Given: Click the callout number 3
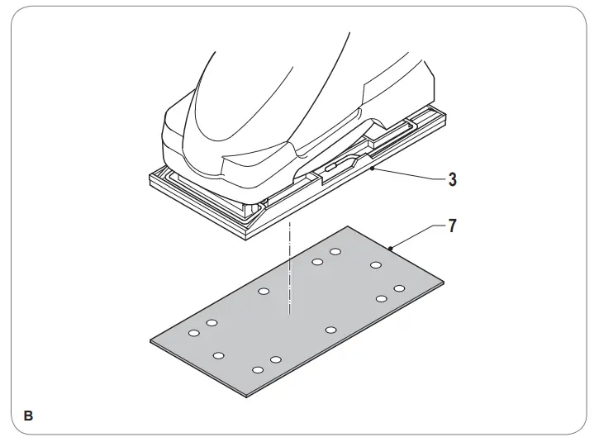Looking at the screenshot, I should point(452,178).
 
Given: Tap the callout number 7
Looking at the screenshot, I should point(452,226).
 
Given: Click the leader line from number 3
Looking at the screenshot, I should point(408,173).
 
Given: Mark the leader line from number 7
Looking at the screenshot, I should point(417,236).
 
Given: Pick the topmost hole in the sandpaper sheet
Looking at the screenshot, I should point(335,252).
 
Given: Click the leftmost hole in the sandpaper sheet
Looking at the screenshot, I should point(194,333).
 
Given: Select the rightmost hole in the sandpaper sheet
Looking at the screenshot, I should point(399,288).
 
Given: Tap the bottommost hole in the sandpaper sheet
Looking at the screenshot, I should point(258,369).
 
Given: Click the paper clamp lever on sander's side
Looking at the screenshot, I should point(330,167).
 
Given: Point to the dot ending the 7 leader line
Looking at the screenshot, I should point(389,246).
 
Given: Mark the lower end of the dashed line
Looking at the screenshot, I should point(288,316).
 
